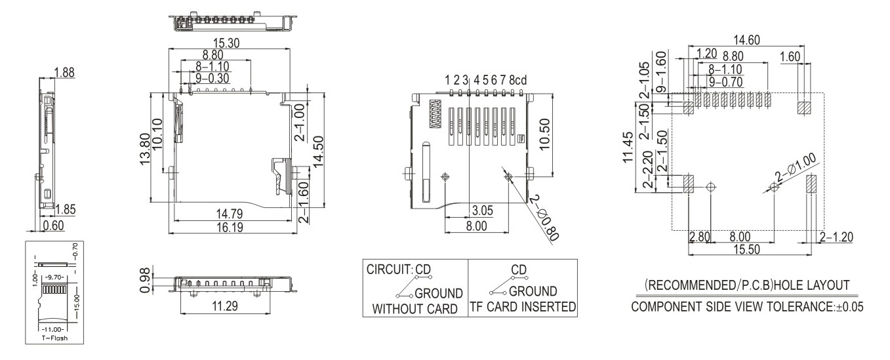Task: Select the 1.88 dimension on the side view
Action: coord(64,72)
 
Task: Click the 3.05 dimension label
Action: coord(482,211)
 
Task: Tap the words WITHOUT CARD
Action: coord(413,308)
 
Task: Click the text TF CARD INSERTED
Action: coord(522,307)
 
